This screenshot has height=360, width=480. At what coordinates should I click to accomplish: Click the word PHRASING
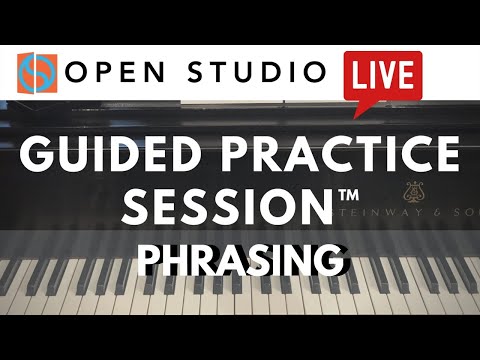(x=240, y=260)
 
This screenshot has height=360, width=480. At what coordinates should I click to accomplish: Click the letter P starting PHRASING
(x=151, y=260)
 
